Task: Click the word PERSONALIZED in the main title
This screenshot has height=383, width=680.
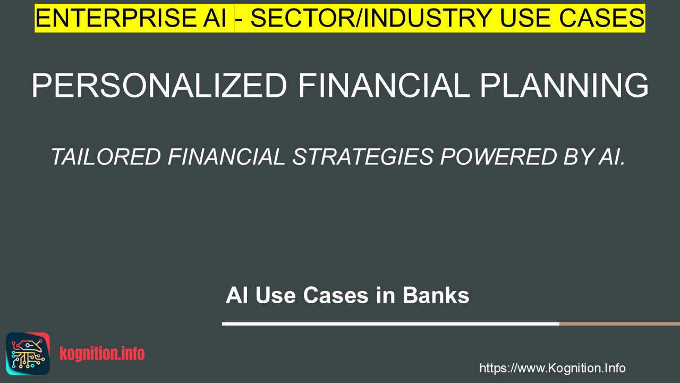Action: coord(159,86)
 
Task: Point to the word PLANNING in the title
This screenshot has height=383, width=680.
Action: coord(564,86)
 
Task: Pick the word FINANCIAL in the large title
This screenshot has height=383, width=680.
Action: coord(384,86)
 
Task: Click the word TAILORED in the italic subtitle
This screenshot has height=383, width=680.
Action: coord(106,157)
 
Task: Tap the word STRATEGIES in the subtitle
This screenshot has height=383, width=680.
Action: coord(363,157)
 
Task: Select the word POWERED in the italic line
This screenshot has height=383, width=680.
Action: coord(498,157)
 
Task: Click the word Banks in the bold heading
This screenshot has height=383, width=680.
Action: coord(436,295)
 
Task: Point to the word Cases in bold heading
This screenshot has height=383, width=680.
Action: coord(336,295)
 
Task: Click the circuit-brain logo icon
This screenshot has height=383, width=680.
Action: coord(28,354)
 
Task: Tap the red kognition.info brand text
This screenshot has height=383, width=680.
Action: coord(102,354)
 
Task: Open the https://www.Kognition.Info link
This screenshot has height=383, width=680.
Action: coord(552,368)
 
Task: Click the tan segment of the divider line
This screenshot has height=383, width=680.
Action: coord(619,324)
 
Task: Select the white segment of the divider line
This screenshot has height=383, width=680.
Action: coord(390,324)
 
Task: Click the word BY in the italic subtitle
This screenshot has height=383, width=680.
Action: coord(579,157)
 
